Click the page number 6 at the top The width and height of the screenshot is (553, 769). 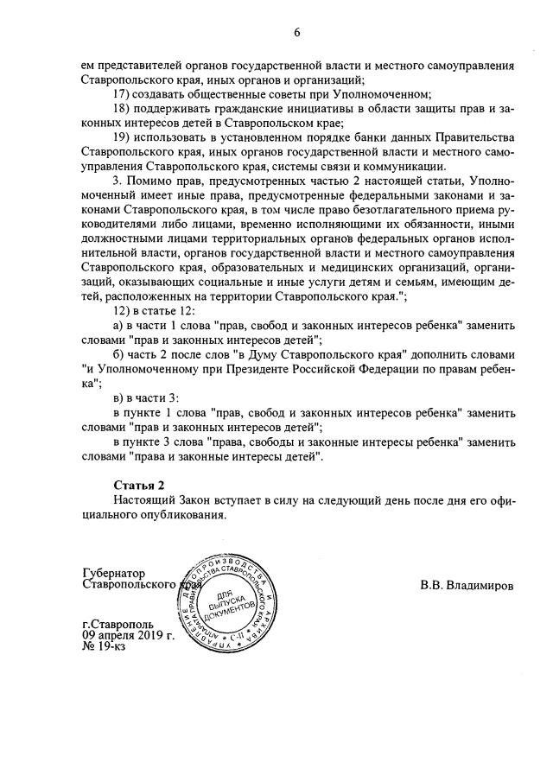(x=296, y=33)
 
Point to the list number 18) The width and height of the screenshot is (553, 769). (x=126, y=110)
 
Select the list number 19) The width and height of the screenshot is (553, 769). (x=126, y=139)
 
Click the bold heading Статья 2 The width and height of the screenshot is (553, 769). (x=138, y=484)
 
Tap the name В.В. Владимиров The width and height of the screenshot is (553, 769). (x=466, y=585)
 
